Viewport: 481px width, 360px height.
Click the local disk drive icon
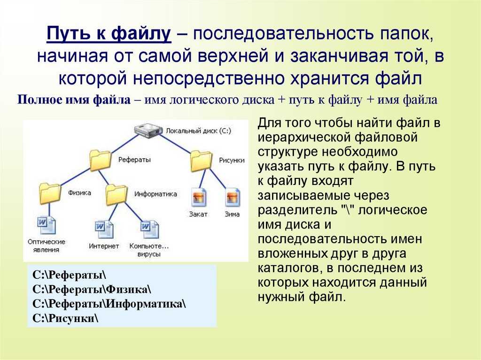tap(148, 130)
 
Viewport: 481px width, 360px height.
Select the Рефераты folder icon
tap(101, 161)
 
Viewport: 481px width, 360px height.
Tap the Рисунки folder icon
tap(201, 161)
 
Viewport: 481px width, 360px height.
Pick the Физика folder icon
tap(50, 193)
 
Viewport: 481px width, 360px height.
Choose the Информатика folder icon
tap(116, 195)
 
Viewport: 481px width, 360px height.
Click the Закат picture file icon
tap(199, 197)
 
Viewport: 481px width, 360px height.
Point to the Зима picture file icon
tap(233, 197)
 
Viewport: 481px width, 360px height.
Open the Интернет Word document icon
tap(104, 230)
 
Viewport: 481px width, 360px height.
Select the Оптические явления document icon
tap(47, 226)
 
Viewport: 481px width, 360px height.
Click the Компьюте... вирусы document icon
tap(149, 230)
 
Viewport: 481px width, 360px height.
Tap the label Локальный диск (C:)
tap(199, 131)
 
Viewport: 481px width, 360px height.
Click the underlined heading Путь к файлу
tap(109, 33)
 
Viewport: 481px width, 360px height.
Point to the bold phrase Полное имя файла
tap(74, 100)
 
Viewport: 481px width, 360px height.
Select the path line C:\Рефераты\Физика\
tap(92, 289)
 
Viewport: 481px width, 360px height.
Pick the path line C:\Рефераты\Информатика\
tap(109, 304)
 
